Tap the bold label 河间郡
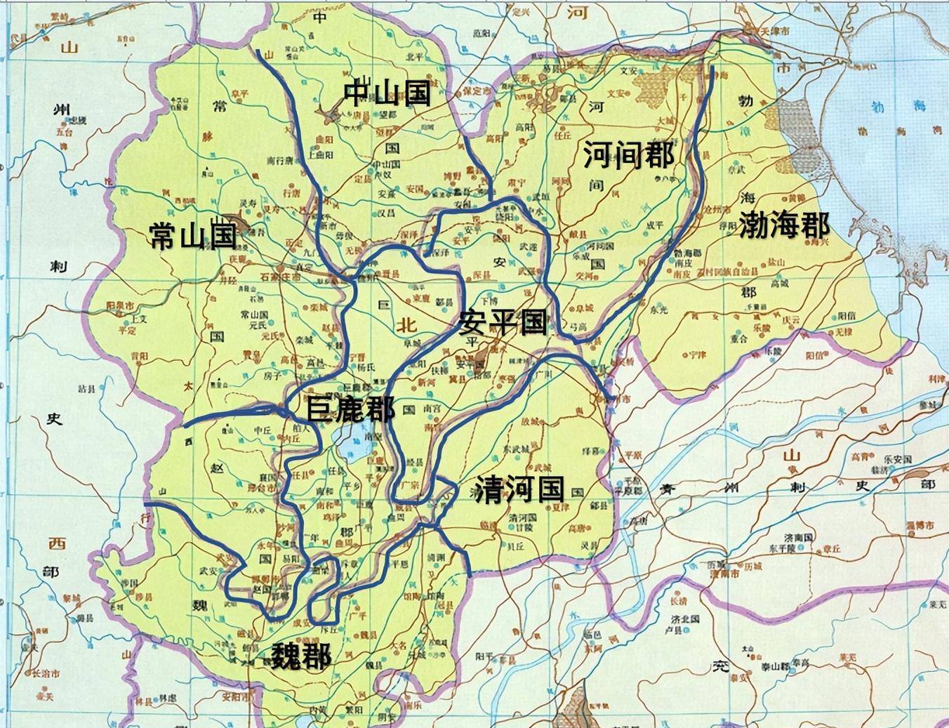click(x=628, y=154)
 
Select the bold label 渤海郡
click(x=783, y=226)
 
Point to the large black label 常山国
click(x=192, y=237)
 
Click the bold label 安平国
click(x=503, y=323)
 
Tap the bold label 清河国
click(x=519, y=489)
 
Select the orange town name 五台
click(x=65, y=131)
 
